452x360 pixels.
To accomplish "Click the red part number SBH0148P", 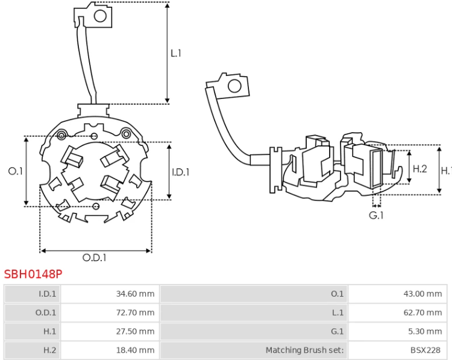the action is [x=33, y=274].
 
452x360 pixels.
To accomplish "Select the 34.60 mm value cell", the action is [x=110, y=294].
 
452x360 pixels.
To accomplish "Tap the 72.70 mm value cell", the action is [x=110, y=313].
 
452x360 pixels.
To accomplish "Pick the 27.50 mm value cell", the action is [x=110, y=332].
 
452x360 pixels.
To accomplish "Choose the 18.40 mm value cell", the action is [x=110, y=350].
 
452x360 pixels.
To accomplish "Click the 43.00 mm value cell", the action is [x=398, y=294].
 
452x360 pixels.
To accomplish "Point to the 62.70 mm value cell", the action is [x=398, y=313].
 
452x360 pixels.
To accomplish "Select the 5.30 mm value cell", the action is [x=398, y=332].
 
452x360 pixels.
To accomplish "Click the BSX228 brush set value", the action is [x=425, y=350].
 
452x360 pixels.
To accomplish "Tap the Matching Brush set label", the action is [x=305, y=350].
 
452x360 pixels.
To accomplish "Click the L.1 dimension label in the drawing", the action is [x=176, y=53].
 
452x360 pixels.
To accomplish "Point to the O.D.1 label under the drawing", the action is [x=95, y=257].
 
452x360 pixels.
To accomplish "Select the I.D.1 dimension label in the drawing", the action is [x=181, y=172].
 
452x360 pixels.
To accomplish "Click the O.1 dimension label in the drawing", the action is [x=15, y=171].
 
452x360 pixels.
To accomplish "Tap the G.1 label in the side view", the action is [x=376, y=215].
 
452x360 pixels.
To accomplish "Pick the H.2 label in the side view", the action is [x=419, y=169].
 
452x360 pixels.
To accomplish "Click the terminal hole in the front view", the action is [x=100, y=16].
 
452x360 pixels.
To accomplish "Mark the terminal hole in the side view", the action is [x=234, y=86].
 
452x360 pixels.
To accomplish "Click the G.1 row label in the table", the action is [x=337, y=332].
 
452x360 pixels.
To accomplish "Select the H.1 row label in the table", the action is [x=49, y=332].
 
